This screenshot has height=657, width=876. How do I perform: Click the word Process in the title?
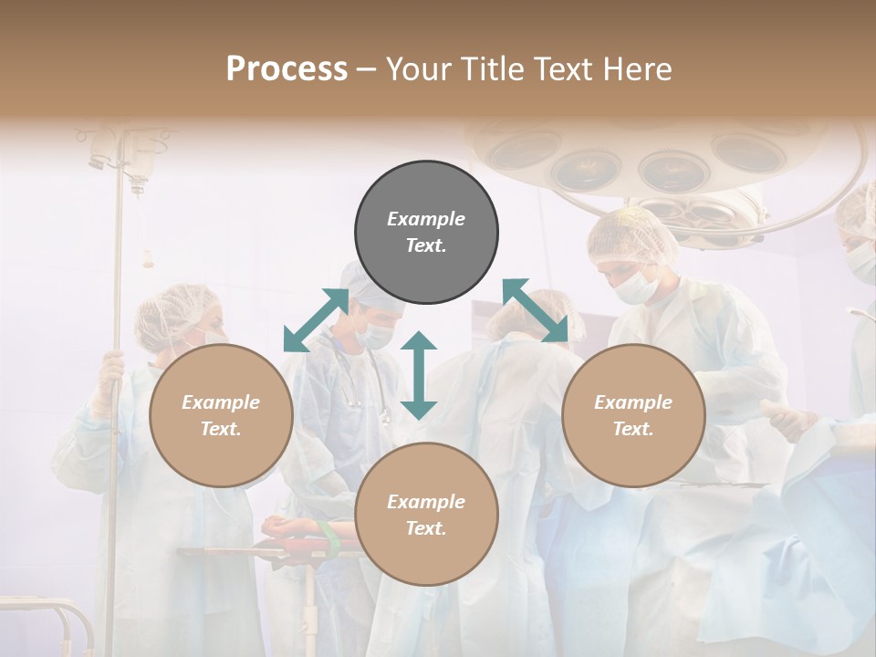pyautogui.click(x=287, y=69)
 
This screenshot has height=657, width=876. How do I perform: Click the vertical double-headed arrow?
pyautogui.click(x=419, y=375)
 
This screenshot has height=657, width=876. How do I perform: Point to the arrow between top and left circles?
pyautogui.click(x=316, y=319)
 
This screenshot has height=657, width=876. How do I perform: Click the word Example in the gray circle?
pyautogui.click(x=426, y=219)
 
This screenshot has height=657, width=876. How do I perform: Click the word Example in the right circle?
pyautogui.click(x=633, y=402)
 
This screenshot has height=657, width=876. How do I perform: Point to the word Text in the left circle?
pyautogui.click(x=221, y=429)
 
